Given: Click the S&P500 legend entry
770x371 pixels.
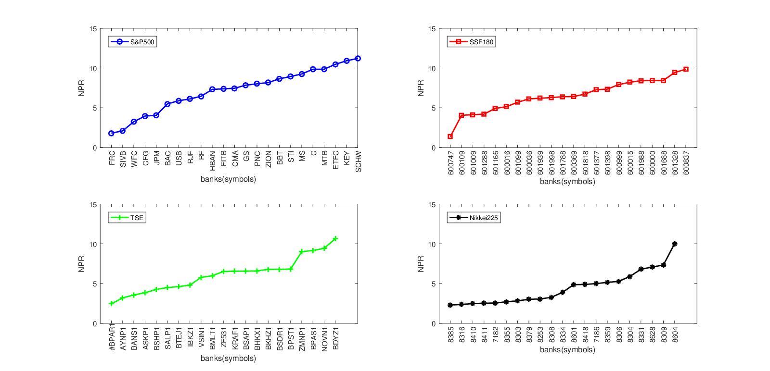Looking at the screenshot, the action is point(133,42).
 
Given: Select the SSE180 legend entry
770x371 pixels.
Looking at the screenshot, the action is point(472,42).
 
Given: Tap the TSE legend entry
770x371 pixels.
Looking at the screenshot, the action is point(127,218).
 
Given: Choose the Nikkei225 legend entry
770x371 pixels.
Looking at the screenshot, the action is point(474,218).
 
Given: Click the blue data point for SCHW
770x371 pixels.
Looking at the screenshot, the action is point(358,59).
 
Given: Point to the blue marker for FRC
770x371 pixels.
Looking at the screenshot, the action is point(111,133).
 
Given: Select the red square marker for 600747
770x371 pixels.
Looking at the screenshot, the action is point(450,136).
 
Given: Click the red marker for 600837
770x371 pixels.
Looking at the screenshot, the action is point(686,69).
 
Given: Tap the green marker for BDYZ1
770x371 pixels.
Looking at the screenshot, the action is point(335,238).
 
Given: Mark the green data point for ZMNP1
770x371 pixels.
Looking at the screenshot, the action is point(302,251).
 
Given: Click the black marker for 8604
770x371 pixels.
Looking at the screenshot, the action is point(674,244).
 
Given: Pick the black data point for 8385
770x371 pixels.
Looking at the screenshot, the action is point(450,305).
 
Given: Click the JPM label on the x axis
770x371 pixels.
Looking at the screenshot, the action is point(156,158).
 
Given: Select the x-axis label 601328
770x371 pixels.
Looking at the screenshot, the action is point(675,163).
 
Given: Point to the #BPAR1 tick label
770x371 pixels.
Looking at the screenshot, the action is point(112,337).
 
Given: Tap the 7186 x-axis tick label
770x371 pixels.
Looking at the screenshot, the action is point(596,334).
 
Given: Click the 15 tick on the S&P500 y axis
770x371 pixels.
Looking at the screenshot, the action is point(93,29).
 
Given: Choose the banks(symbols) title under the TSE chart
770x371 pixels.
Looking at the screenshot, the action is point(229,359).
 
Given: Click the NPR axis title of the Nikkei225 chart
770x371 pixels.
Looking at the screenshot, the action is point(421,264).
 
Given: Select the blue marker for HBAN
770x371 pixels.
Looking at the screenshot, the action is point(212,89).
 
